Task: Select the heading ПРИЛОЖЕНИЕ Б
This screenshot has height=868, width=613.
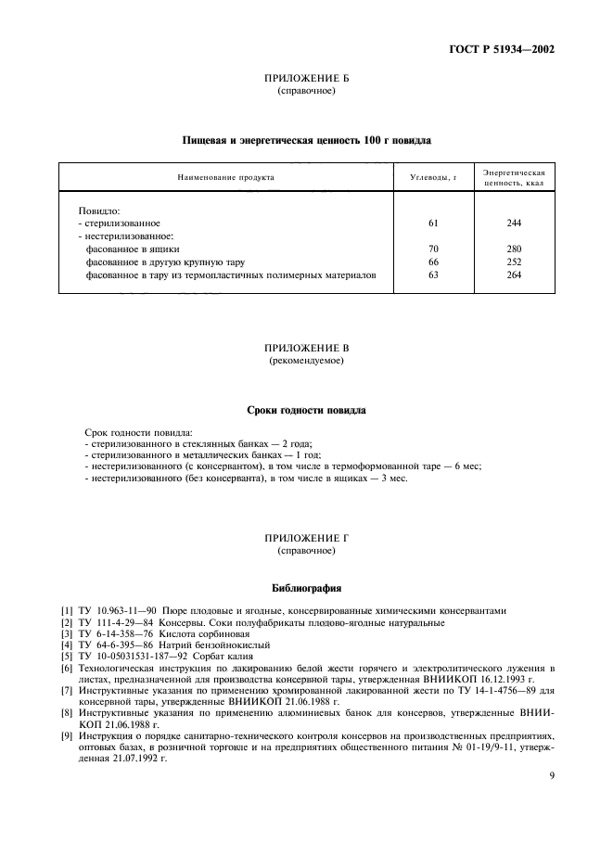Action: [306, 81]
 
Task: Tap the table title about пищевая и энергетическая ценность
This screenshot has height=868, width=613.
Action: [306, 139]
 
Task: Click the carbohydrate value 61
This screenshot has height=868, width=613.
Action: [433, 223]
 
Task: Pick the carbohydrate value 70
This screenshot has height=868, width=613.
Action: [433, 249]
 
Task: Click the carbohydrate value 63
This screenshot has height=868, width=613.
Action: [433, 275]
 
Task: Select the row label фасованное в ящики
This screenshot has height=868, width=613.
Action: [133, 249]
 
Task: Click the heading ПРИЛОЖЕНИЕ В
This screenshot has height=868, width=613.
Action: [306, 349]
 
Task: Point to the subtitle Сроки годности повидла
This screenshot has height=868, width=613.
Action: [306, 409]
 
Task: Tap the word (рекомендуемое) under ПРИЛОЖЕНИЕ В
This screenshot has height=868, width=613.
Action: [306, 361]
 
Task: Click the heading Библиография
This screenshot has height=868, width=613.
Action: [306, 587]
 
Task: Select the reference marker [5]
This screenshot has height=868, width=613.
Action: [66, 656]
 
